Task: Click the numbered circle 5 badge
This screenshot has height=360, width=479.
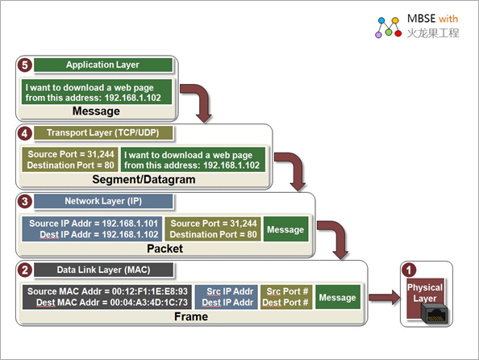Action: pyautogui.click(x=25, y=65)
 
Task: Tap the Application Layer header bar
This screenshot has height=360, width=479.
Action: pyautogui.click(x=103, y=65)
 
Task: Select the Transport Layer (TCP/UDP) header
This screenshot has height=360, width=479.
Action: pyautogui.click(x=103, y=133)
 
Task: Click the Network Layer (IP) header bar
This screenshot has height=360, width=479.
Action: pyautogui.click(x=103, y=201)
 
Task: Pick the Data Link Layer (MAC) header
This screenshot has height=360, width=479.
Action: pyautogui.click(x=103, y=270)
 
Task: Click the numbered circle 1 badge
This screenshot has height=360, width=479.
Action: pyautogui.click(x=409, y=270)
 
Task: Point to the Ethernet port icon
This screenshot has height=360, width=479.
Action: pyautogui.click(x=434, y=313)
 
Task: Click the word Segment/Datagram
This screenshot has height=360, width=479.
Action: pyautogui.click(x=144, y=179)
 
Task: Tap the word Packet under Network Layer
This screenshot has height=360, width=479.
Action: pyautogui.click(x=165, y=249)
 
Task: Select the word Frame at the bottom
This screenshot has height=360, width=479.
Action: pyautogui.click(x=191, y=316)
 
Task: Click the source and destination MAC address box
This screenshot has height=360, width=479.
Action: pyautogui.click(x=107, y=297)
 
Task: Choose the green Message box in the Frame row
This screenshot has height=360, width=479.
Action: pyautogui.click(x=338, y=297)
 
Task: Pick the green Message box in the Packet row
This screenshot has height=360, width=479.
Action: pyautogui.click(x=285, y=229)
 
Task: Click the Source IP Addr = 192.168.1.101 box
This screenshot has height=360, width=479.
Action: pyautogui.click(x=92, y=229)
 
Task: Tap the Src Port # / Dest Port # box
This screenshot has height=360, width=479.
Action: pyautogui.click(x=286, y=297)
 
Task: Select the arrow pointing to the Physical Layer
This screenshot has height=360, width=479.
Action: pyautogui.click(x=385, y=297)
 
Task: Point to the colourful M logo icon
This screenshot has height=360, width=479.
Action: pyautogui.click(x=388, y=27)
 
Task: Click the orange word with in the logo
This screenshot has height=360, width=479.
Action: pyautogui.click(x=448, y=19)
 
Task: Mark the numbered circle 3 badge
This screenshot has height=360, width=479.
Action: pyautogui.click(x=25, y=202)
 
